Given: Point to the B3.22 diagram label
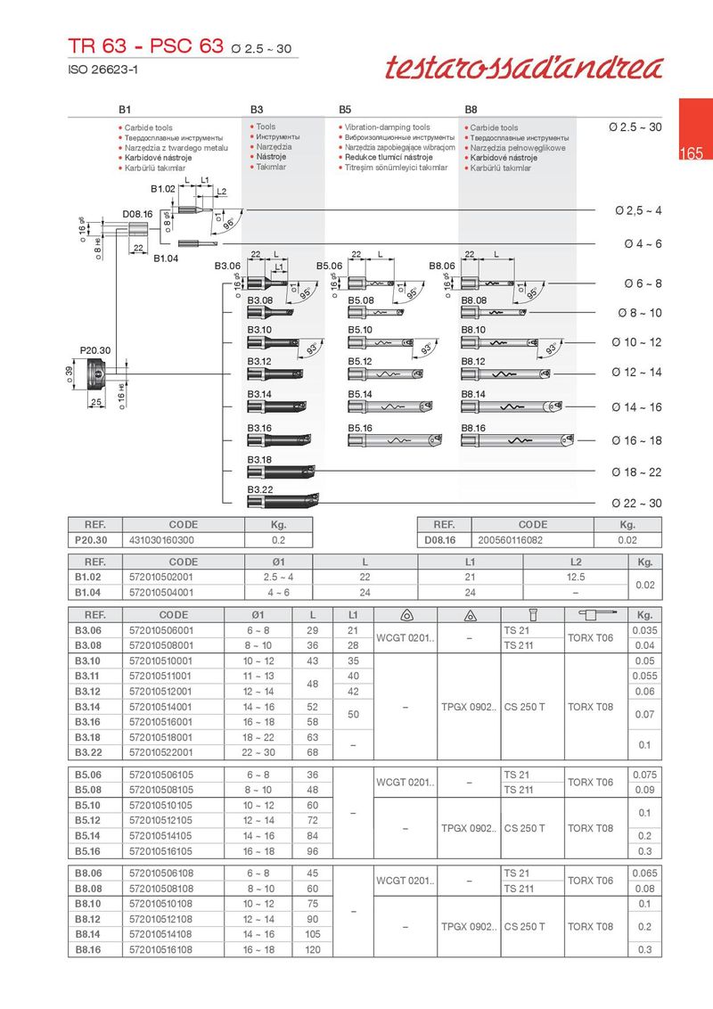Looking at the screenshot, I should tap(259, 489).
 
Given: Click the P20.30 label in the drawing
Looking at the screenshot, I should tap(94, 350).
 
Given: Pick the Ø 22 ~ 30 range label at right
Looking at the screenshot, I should tap(636, 504).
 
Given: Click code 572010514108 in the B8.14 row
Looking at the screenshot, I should tap(161, 933).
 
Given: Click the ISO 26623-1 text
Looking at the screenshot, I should tap(103, 69).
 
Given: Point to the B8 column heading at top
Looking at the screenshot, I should tap(471, 109).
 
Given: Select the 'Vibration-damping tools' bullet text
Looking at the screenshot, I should tap(387, 127).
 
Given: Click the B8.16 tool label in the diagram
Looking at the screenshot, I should tap(473, 429).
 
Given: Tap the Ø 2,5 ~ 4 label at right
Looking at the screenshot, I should tap(639, 210).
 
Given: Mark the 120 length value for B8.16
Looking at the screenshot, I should tap(312, 949).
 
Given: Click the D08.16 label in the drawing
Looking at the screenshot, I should tap(137, 214).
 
